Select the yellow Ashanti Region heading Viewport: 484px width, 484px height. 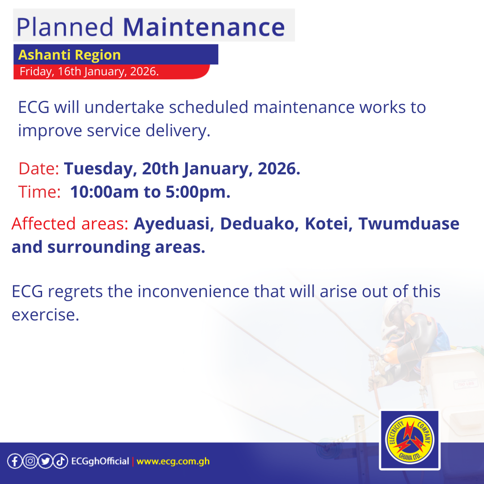pos(69,55)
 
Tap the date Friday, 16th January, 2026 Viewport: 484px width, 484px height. pos(89,72)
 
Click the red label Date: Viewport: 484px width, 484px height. pos(39,169)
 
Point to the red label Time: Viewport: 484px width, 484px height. pos(39,192)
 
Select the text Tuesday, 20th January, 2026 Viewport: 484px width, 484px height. pos(182,169)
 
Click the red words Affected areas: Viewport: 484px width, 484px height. pos(70,223)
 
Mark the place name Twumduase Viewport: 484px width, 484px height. pos(409,223)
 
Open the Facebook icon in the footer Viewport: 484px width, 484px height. pos(14,461)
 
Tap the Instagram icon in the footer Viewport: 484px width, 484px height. pos(30,461)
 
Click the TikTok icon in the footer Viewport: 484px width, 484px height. pos(60,461)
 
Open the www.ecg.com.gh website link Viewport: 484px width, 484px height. pos(173,461)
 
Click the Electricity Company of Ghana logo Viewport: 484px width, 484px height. pos(409,440)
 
